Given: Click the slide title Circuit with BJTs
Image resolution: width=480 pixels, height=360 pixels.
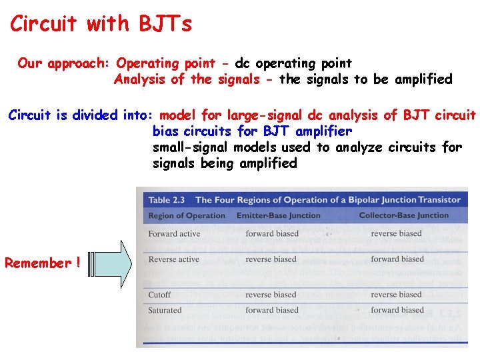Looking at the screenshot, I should [x=101, y=25].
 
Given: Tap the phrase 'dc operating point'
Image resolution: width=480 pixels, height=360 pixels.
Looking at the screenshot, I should [x=293, y=63].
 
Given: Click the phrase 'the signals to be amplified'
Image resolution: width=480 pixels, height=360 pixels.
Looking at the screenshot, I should [x=365, y=80].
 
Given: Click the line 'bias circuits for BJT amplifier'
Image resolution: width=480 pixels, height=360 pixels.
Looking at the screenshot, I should [x=252, y=131].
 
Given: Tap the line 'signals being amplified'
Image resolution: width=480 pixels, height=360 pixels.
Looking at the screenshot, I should [x=225, y=163].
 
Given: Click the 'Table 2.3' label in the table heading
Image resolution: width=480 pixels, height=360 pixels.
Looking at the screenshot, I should [x=168, y=199].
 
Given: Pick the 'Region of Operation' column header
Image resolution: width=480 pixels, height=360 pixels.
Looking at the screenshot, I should [x=187, y=215].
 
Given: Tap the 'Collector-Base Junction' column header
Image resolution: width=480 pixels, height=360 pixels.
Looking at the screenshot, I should [x=403, y=215].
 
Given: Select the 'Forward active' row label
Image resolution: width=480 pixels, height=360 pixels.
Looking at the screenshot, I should [x=173, y=234].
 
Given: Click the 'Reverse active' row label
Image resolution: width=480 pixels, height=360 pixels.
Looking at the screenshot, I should [x=173, y=259].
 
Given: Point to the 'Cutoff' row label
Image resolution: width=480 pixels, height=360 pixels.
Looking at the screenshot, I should [x=159, y=295].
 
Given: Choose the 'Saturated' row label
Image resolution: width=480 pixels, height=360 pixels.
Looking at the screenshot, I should [x=165, y=310].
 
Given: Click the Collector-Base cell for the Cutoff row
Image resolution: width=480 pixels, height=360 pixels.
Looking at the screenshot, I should [x=397, y=295].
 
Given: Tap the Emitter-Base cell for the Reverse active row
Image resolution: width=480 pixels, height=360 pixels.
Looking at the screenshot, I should [x=271, y=259].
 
